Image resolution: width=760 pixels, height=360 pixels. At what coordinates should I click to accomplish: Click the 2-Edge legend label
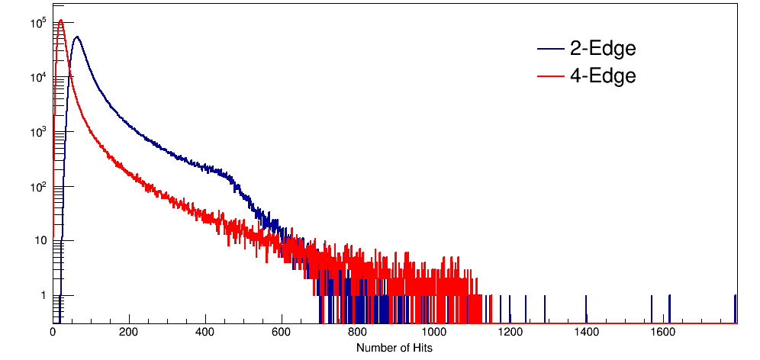(x=603, y=49)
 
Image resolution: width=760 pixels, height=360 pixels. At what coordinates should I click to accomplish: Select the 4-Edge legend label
(x=603, y=76)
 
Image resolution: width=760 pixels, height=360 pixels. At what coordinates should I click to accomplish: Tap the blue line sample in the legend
(x=551, y=50)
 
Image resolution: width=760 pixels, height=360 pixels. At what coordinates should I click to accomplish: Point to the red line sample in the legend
(x=551, y=77)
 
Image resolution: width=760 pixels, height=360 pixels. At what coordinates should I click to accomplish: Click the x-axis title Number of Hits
(x=394, y=348)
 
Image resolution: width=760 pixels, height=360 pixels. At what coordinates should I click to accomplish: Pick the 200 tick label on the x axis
(x=130, y=333)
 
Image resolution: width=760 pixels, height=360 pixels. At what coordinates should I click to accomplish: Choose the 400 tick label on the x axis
(x=206, y=333)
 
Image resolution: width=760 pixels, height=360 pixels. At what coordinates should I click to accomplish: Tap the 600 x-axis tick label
(x=282, y=333)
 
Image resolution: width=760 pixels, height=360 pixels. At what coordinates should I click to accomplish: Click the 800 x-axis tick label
(x=358, y=333)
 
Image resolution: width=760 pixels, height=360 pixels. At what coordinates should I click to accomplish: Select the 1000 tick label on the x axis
(x=434, y=333)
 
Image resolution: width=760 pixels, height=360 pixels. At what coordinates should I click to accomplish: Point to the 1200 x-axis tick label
(x=510, y=333)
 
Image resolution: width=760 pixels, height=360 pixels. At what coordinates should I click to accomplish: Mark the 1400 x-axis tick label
(x=587, y=333)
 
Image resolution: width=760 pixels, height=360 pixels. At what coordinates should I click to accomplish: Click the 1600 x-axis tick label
(x=663, y=333)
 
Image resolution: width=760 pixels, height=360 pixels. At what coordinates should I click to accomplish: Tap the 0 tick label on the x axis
(x=53, y=333)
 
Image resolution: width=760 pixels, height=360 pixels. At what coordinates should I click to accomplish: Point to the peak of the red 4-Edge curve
(x=60, y=21)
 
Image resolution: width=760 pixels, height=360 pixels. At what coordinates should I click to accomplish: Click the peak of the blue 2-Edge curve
(x=76, y=37)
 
